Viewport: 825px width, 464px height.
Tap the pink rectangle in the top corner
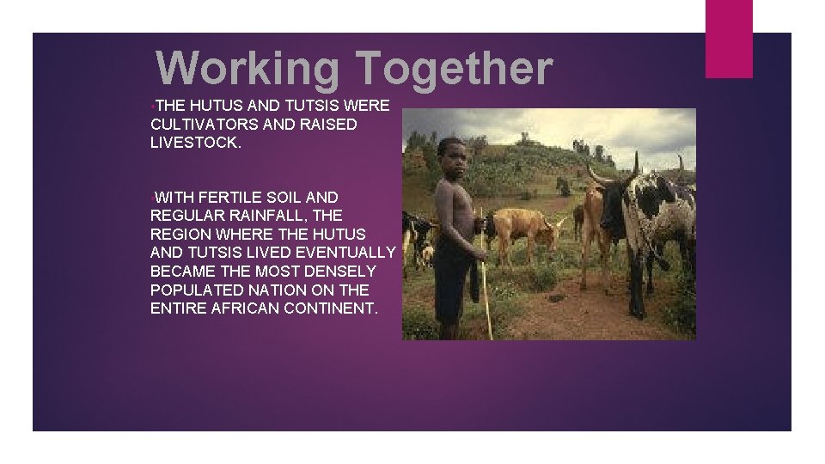click(x=729, y=38)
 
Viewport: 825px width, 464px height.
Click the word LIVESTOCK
click(x=196, y=143)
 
